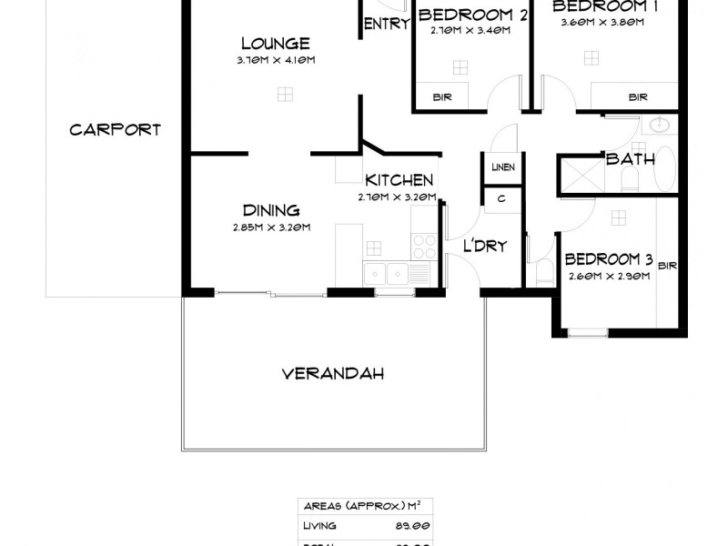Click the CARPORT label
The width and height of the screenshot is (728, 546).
(x=115, y=129)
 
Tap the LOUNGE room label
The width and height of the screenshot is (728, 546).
(x=275, y=44)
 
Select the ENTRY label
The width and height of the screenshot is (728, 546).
(x=387, y=25)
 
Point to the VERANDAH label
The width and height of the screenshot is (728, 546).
(x=332, y=373)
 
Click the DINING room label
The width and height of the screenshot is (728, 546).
(x=271, y=211)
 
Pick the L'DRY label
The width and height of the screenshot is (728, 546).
(x=484, y=246)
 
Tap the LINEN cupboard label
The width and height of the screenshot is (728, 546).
(x=502, y=167)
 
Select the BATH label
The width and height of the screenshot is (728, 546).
(x=631, y=159)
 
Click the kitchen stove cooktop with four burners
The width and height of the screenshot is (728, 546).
(x=425, y=244)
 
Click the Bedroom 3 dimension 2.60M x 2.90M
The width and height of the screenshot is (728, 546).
(x=608, y=277)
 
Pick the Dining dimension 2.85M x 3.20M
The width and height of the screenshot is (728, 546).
(x=271, y=227)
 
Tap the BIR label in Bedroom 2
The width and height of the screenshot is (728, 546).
(x=442, y=96)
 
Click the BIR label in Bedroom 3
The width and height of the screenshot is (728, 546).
(x=668, y=266)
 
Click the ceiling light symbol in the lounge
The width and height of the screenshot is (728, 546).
(x=285, y=93)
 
